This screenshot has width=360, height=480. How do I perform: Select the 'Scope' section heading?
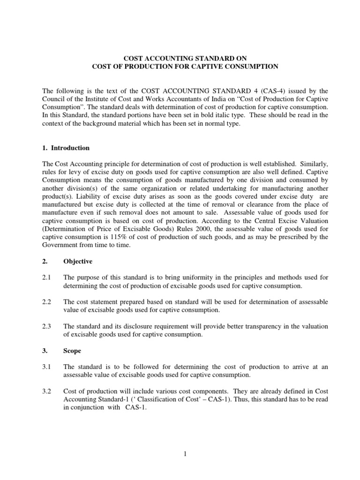(x=73, y=350)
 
